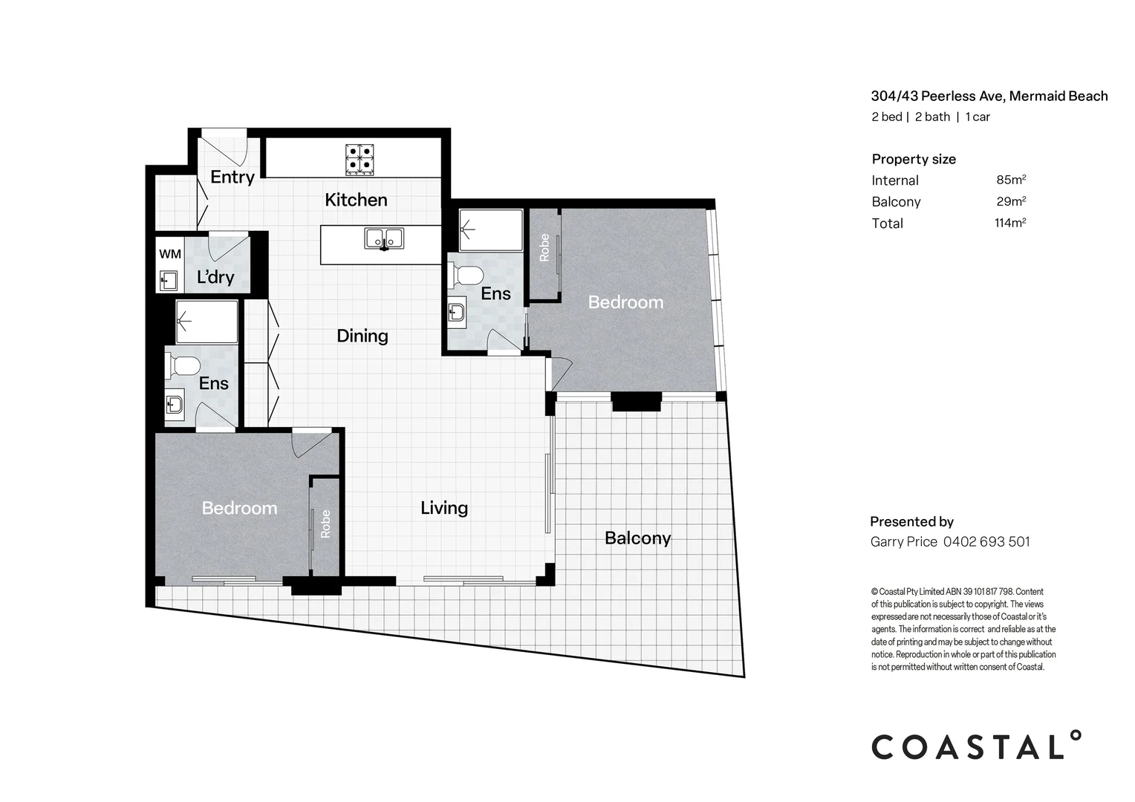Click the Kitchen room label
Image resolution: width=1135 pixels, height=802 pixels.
(x=356, y=200)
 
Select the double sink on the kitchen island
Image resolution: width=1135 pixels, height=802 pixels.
(x=384, y=238)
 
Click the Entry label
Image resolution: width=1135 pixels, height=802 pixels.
(x=232, y=177)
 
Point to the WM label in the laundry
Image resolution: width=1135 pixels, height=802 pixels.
(x=170, y=254)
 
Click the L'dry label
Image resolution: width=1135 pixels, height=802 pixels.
(x=215, y=278)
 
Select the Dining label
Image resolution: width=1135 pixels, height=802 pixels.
(x=362, y=336)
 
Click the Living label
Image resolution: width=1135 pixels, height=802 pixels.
(x=444, y=508)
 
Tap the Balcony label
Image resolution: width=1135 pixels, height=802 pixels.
(x=637, y=538)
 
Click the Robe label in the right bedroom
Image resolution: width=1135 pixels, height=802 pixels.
(x=544, y=248)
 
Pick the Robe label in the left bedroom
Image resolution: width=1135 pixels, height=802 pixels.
(x=325, y=524)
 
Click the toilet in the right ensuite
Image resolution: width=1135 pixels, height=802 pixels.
(x=466, y=276)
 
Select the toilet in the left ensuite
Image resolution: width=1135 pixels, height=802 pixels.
(x=183, y=366)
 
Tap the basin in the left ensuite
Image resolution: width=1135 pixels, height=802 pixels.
(x=175, y=405)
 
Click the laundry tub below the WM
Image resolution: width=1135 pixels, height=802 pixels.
(x=169, y=281)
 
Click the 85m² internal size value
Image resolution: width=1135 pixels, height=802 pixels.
(x=1011, y=180)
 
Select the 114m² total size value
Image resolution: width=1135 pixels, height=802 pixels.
(x=1010, y=223)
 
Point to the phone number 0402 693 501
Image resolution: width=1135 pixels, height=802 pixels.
(x=986, y=542)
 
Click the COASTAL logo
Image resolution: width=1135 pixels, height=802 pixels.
(x=975, y=746)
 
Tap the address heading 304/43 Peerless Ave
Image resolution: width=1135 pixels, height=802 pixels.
(x=989, y=96)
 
